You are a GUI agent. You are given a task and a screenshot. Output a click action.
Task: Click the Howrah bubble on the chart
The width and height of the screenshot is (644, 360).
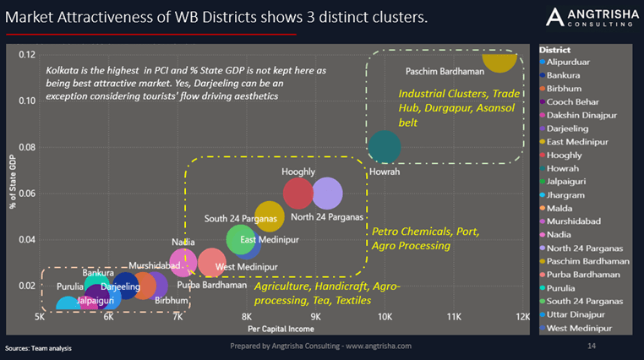click(x=385, y=146)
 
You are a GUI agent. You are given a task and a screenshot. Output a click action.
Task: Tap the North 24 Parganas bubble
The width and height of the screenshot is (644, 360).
click(x=326, y=194)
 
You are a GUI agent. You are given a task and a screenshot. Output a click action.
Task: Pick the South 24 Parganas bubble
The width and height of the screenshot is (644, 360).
click(x=269, y=216)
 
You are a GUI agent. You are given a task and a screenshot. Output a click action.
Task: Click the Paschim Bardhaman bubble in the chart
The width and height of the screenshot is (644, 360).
click(x=499, y=58)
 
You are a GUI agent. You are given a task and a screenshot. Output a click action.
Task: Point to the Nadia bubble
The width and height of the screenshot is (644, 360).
click(x=183, y=263)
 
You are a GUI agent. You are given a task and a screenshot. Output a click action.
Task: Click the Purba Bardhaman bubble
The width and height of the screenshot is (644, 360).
click(x=211, y=263)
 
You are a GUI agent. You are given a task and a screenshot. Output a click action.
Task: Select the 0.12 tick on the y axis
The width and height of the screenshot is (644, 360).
click(x=27, y=55)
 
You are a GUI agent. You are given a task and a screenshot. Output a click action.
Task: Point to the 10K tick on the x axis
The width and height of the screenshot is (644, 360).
click(x=385, y=317)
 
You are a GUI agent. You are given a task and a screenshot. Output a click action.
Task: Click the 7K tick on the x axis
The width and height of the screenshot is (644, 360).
click(x=177, y=317)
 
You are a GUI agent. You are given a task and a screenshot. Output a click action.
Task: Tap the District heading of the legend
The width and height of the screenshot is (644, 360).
click(x=554, y=50)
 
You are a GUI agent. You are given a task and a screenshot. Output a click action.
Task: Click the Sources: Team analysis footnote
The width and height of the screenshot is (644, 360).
click(x=38, y=347)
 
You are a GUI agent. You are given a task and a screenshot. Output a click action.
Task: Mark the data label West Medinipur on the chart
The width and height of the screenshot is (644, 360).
click(x=248, y=267)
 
